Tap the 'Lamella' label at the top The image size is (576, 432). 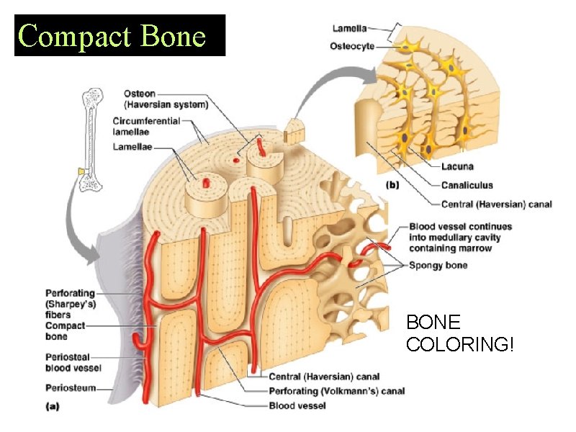point(349,29)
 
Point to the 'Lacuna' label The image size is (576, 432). point(457,166)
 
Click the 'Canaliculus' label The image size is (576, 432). point(467,186)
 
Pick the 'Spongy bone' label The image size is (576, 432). point(438,265)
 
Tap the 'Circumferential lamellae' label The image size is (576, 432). point(146,127)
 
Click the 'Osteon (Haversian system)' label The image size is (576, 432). point(166,99)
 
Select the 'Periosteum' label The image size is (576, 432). point(70,388)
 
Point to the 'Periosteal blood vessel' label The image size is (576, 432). point(73,362)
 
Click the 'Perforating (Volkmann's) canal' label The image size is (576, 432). point(336,391)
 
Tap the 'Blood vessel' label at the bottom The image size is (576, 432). point(297,405)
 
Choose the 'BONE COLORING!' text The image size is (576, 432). point(460,333)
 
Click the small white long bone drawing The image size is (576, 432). point(91,140)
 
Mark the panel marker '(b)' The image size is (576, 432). point(392,185)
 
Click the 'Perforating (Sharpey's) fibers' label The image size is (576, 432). point(69,303)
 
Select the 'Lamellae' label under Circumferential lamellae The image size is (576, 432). point(135,147)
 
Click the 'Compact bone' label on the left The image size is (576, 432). point(66,331)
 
